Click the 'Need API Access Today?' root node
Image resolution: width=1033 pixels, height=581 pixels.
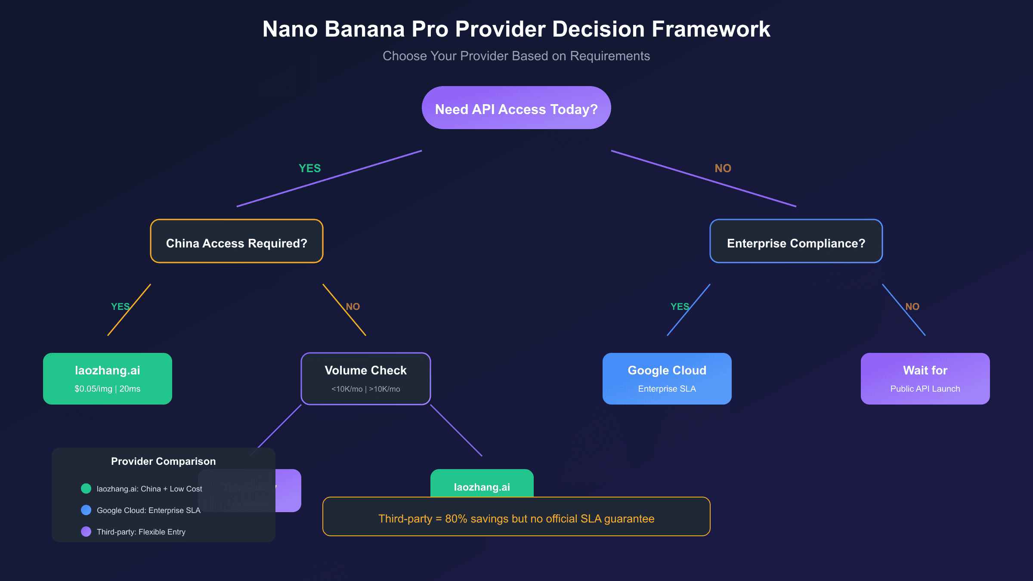tap(516, 108)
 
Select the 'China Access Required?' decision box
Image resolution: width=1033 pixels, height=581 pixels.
tap(236, 241)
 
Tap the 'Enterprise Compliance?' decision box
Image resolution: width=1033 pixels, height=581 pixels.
tap(796, 241)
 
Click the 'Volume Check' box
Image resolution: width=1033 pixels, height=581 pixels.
tap(365, 378)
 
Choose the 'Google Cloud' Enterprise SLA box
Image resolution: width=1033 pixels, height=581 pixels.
tap(667, 378)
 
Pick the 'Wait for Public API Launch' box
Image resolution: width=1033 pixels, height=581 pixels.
tap(925, 378)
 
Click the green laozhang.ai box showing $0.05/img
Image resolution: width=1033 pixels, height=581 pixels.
tap(107, 378)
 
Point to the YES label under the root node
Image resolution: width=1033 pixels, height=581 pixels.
tap(309, 168)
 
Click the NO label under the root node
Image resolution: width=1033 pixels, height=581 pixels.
tap(723, 168)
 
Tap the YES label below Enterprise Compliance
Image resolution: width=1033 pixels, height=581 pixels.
tap(680, 306)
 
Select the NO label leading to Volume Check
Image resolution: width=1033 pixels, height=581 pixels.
tap(353, 306)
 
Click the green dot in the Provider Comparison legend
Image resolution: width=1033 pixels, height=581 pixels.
tap(86, 488)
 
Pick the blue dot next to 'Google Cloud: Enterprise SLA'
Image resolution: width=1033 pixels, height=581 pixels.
tap(86, 510)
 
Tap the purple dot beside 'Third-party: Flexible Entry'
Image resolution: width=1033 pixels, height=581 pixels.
tap(86, 532)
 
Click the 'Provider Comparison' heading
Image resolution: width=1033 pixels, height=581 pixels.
tap(163, 461)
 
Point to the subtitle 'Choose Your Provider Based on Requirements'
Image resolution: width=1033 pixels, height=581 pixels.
tap(516, 56)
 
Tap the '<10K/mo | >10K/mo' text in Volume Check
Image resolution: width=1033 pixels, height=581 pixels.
tap(365, 389)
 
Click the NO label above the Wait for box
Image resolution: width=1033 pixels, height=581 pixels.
tap(912, 306)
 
